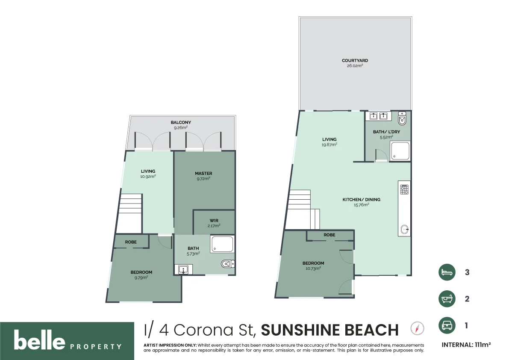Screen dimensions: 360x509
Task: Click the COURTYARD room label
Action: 355,61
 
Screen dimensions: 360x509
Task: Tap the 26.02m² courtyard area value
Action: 355,66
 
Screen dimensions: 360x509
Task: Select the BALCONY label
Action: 181,123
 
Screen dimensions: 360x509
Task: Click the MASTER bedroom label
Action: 203,174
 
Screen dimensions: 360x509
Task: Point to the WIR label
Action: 214,221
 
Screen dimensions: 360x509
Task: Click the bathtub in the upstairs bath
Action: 222,245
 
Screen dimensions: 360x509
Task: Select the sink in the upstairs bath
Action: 183,269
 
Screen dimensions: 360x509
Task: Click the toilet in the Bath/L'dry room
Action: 402,118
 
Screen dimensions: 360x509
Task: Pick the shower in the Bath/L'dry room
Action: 400,150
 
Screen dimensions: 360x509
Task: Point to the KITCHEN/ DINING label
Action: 361,200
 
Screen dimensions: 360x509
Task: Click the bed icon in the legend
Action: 447,272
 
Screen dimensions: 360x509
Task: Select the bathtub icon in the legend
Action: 447,299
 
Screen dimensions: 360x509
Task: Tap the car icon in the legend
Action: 447,326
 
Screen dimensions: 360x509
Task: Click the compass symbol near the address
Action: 417,328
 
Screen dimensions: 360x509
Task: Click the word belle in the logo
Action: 39,341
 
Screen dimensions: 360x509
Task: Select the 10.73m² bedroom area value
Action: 313,269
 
